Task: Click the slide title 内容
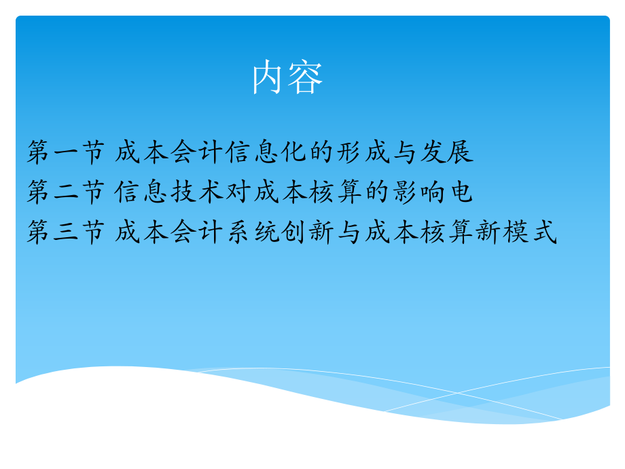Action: (287, 77)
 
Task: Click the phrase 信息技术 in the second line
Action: (170, 192)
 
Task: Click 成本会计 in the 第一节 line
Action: (170, 152)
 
